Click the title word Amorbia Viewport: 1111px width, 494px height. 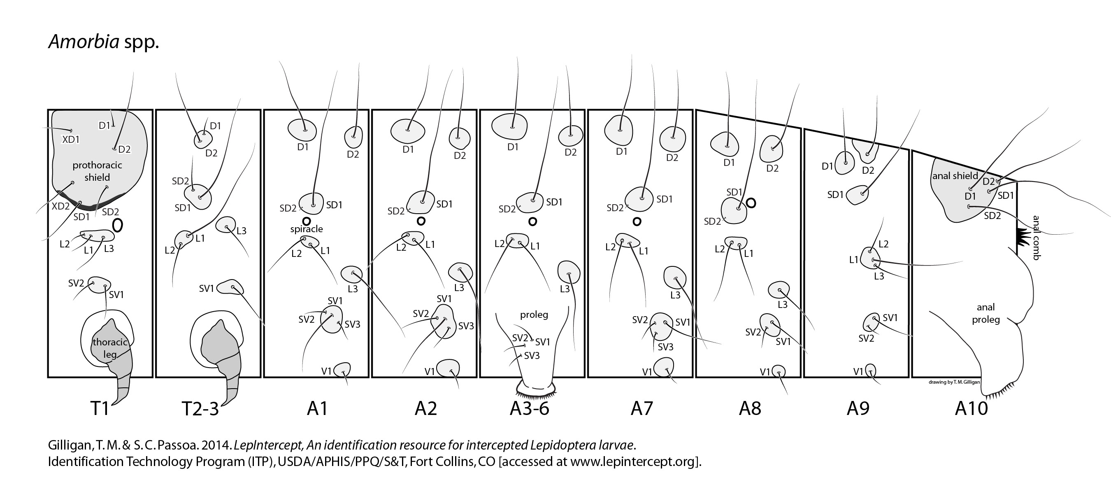[84, 42]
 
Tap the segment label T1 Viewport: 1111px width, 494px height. [100, 408]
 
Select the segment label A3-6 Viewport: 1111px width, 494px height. [529, 408]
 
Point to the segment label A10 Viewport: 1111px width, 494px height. [971, 408]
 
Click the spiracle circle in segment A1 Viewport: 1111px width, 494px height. [306, 221]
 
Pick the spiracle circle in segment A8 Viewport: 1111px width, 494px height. [751, 203]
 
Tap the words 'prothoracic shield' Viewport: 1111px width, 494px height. [97, 171]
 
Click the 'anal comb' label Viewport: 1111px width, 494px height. [1037, 237]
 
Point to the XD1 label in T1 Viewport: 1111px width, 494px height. [71, 140]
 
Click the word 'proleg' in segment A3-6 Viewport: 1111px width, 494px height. [534, 315]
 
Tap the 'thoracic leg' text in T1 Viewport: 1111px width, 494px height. [110, 348]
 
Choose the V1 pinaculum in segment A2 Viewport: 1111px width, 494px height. [449, 369]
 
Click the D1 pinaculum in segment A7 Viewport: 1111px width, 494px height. [618, 129]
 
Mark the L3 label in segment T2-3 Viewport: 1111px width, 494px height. [241, 231]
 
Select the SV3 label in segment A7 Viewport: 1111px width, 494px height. [665, 347]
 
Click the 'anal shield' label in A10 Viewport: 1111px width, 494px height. [955, 176]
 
